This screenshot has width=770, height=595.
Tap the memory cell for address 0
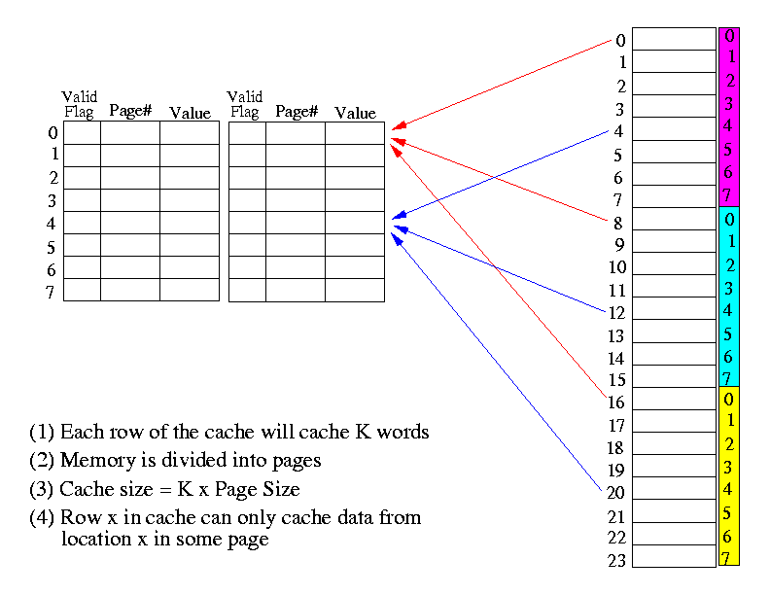[x=674, y=38]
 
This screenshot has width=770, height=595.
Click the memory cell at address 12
[x=674, y=311]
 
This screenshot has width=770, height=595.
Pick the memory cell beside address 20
[x=674, y=493]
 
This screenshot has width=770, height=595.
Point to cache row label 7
[x=51, y=292]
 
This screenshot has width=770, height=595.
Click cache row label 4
[x=51, y=224]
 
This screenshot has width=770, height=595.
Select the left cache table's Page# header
[x=130, y=111]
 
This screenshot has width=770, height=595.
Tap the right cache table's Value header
[x=355, y=113]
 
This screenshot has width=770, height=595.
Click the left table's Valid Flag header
[x=80, y=104]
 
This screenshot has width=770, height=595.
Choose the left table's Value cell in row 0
[x=190, y=132]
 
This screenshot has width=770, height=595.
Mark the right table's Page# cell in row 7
[x=296, y=290]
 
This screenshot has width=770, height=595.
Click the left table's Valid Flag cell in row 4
[x=82, y=223]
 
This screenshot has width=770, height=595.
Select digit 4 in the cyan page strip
[x=729, y=311]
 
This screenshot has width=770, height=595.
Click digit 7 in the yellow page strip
[x=726, y=558]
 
